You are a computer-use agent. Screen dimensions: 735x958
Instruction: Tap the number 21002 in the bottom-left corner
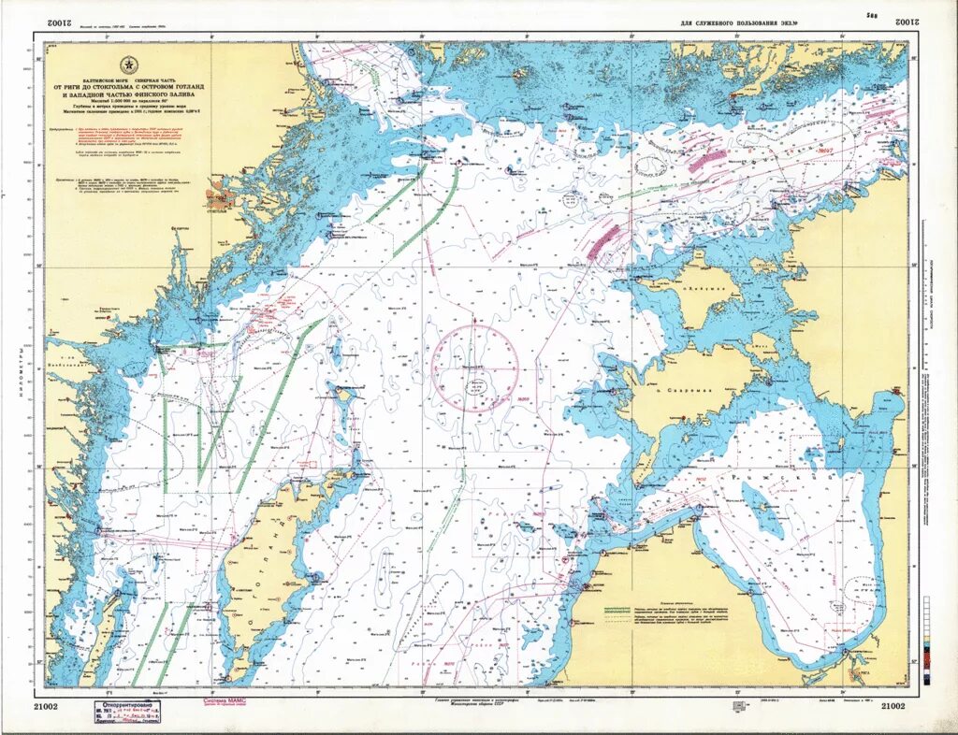[46, 706]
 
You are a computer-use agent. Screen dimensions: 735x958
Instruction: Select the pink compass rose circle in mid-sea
[475, 367]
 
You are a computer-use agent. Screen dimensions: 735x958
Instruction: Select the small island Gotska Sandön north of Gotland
[345, 396]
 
